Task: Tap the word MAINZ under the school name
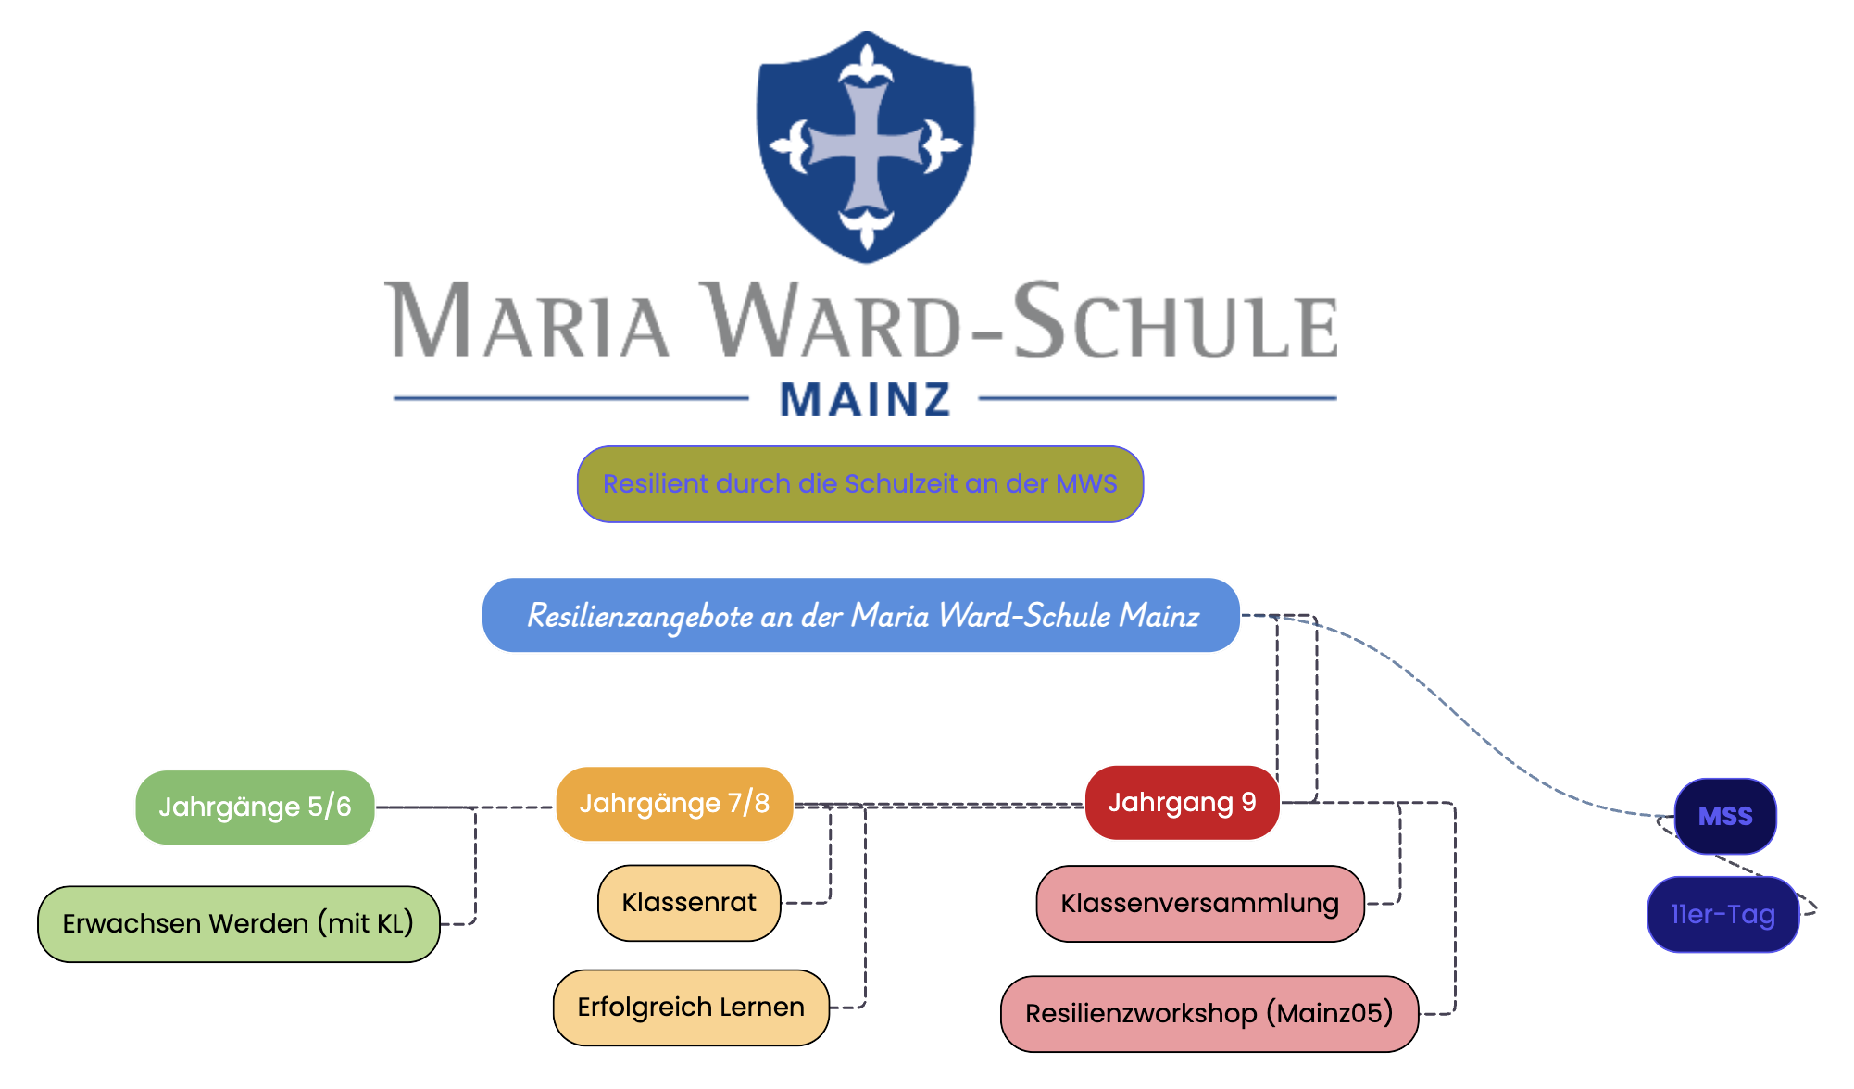click(x=865, y=400)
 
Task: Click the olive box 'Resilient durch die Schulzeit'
click(x=859, y=484)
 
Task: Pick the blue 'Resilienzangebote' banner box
click(x=860, y=615)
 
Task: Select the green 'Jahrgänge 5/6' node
click(x=255, y=807)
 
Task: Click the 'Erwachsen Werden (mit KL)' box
click(x=238, y=923)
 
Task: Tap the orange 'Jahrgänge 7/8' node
click(x=674, y=803)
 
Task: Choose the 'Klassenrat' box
click(x=689, y=902)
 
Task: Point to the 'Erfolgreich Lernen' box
click(x=690, y=1007)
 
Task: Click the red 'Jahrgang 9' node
click(x=1182, y=802)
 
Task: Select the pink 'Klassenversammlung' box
click(x=1199, y=903)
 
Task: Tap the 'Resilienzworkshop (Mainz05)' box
click(x=1209, y=1013)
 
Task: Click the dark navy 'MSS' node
click(x=1724, y=816)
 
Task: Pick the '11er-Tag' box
click(x=1722, y=914)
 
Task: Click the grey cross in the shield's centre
click(x=865, y=148)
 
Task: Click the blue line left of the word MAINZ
click(x=570, y=398)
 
